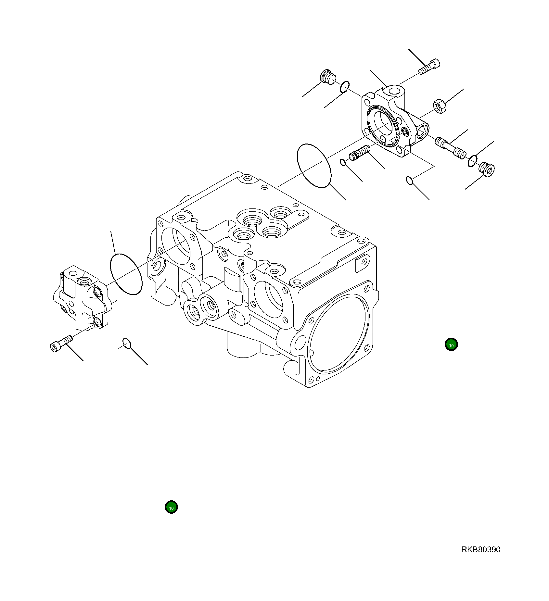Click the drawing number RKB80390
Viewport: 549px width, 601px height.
point(480,549)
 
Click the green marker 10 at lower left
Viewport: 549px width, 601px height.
point(171,507)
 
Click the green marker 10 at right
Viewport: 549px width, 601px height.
point(451,344)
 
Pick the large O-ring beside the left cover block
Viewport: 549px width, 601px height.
point(126,274)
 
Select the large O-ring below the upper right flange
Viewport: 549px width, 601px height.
point(314,166)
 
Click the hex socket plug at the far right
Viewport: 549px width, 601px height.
point(487,169)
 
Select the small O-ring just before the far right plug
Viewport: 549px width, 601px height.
point(473,160)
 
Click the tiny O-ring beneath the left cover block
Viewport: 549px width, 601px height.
point(127,343)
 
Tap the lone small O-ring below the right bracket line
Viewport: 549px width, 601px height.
point(410,180)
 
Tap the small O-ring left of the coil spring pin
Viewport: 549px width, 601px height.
point(342,162)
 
